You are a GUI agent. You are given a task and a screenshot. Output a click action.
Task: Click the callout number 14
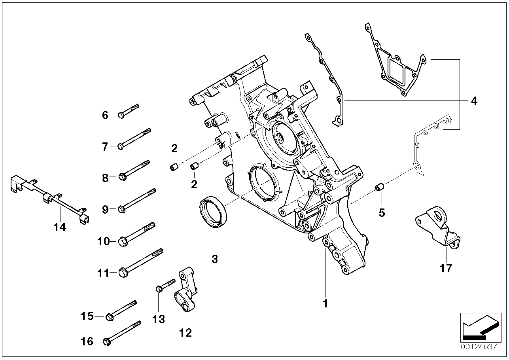pyautogui.click(x=61, y=227)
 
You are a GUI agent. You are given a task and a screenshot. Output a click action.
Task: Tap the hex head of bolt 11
pyautogui.click(x=123, y=273)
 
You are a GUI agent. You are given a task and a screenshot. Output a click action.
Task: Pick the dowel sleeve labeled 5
pyautogui.click(x=380, y=187)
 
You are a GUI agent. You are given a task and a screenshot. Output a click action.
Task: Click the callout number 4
pyautogui.click(x=474, y=101)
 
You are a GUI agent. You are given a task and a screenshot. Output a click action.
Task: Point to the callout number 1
pyautogui.click(x=325, y=304)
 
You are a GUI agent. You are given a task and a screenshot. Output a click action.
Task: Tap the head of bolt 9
pyautogui.click(x=122, y=209)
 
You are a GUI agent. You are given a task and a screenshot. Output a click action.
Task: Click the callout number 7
pyautogui.click(x=105, y=147)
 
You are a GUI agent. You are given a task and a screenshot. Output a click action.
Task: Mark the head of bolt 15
pyautogui.click(x=110, y=316)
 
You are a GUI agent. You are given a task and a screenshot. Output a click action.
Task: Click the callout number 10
pyautogui.click(x=104, y=241)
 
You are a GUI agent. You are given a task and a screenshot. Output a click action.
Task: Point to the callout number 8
pyautogui.click(x=105, y=178)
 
